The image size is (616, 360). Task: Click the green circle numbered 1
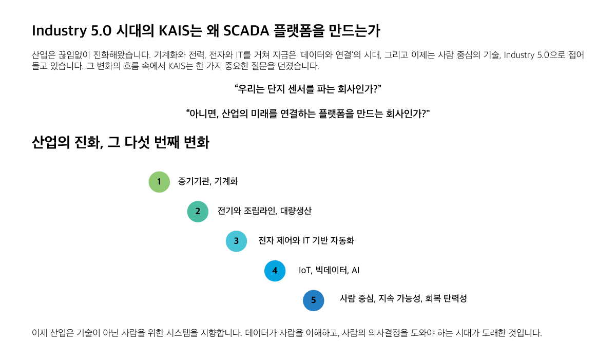[159, 182]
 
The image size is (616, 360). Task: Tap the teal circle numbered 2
[198, 212]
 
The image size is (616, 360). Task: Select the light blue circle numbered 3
[236, 241]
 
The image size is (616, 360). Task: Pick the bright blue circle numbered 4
[275, 271]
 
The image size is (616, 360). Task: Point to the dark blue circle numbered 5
[313, 300]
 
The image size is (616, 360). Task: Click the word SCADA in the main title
[246, 30]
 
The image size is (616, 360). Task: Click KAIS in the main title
[175, 30]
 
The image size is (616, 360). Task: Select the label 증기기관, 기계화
[208, 181]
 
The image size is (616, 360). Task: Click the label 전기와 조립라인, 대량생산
[264, 211]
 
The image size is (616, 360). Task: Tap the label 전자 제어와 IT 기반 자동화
[306, 241]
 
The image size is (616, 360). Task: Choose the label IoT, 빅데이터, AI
[329, 270]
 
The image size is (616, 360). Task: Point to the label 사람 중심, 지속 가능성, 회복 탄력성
[403, 298]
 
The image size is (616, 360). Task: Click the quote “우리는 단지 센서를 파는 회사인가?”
[308, 89]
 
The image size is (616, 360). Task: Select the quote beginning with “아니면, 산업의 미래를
[308, 113]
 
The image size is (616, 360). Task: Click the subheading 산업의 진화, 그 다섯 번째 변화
[121, 142]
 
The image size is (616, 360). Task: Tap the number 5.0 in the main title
[101, 30]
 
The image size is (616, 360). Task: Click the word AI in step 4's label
[356, 270]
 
